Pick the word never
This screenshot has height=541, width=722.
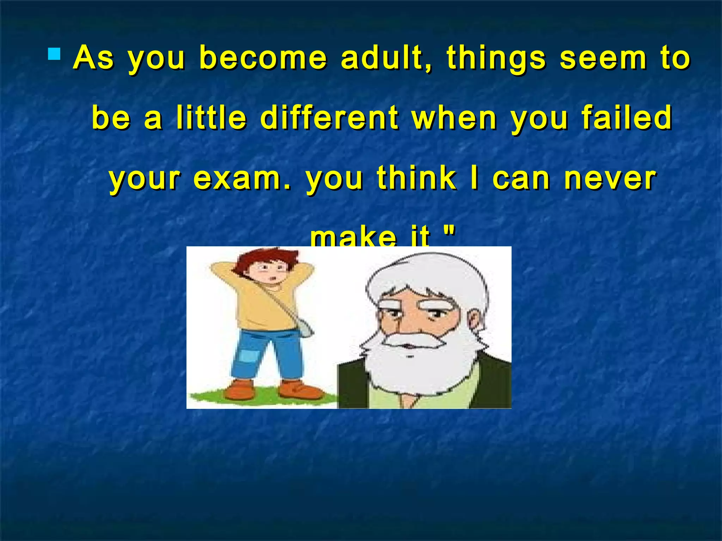pos(610,179)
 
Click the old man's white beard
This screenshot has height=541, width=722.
pos(416,366)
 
